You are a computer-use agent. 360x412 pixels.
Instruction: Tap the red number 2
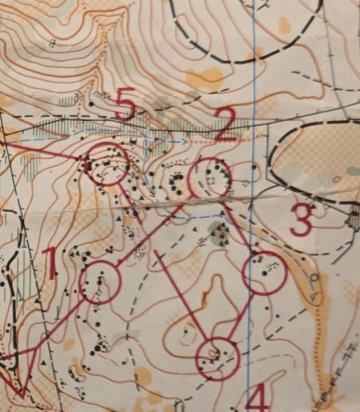tap(226, 123)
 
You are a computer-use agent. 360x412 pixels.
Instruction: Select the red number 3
tap(301, 220)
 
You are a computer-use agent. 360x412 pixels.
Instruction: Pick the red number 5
tap(124, 103)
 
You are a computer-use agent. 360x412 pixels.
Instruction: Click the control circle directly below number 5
tap(106, 163)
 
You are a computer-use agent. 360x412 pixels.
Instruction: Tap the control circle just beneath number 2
tap(210, 178)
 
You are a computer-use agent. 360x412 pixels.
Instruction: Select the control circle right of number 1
tap(100, 282)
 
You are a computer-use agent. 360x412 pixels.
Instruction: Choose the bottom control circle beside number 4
tap(217, 358)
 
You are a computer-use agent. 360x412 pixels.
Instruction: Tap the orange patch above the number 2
tap(207, 78)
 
